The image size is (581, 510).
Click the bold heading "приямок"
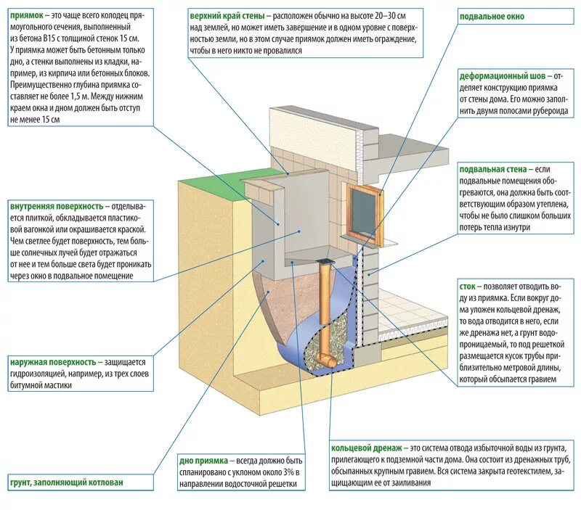[x=26, y=15]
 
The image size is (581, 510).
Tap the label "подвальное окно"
[x=491, y=16]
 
